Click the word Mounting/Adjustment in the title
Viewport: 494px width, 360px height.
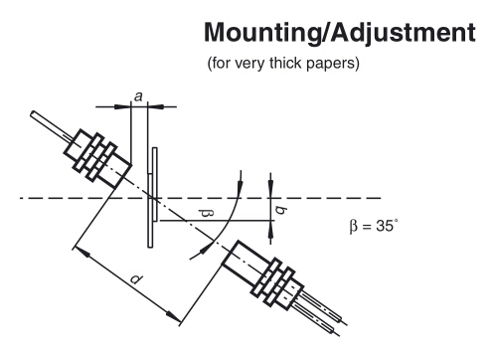click(340, 33)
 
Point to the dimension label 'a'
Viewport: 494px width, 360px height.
click(138, 96)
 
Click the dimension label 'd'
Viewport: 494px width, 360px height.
click(136, 279)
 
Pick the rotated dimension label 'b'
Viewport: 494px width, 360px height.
click(281, 210)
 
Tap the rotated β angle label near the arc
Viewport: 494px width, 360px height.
click(207, 214)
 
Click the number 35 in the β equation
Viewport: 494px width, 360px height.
click(385, 226)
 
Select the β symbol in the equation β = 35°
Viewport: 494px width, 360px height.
click(354, 227)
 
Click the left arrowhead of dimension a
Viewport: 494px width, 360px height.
click(122, 106)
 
